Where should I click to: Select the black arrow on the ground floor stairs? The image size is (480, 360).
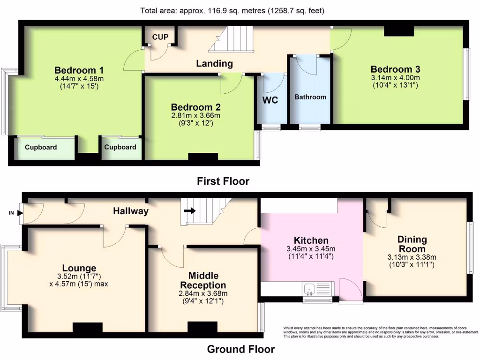click(x=190, y=211)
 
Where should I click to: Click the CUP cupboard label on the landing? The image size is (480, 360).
click(x=160, y=37)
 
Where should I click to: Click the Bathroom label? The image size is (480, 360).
click(x=310, y=97)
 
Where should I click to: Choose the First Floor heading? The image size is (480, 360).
click(x=223, y=181)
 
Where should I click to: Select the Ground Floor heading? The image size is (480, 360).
click(x=241, y=349)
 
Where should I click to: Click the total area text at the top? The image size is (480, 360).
click(x=232, y=10)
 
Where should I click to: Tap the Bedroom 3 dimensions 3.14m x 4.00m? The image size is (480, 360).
click(x=395, y=78)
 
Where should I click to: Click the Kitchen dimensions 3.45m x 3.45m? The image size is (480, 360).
click(x=311, y=249)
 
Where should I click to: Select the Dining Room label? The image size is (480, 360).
click(x=412, y=244)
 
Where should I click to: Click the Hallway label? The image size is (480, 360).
click(x=131, y=211)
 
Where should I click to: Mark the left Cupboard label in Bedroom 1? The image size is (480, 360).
click(x=41, y=147)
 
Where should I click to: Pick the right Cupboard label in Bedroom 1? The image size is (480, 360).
click(x=120, y=147)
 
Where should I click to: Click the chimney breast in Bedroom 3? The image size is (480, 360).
click(x=398, y=30)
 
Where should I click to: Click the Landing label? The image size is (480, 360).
click(x=214, y=63)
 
